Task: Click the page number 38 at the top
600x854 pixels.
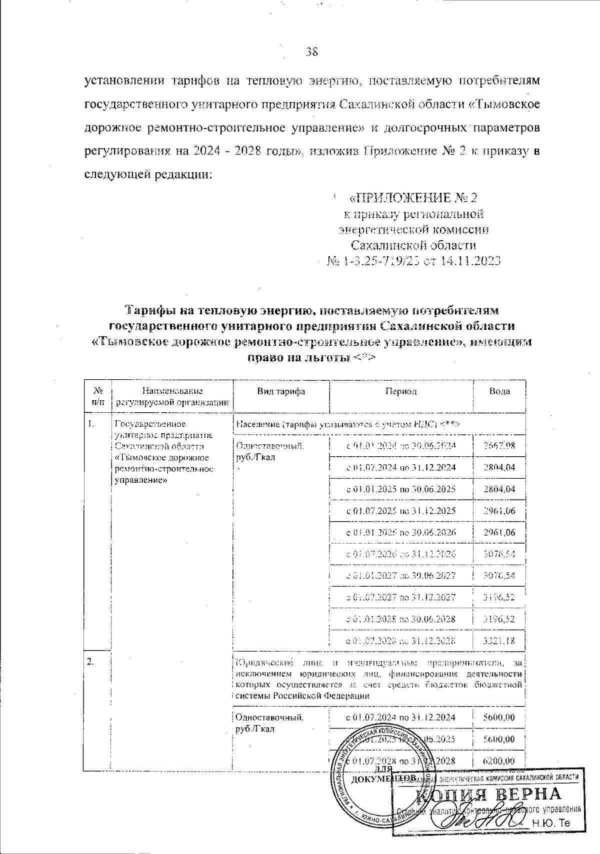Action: click(311, 51)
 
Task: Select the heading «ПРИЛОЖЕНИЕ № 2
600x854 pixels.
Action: click(412, 198)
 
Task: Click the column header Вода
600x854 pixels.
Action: click(499, 391)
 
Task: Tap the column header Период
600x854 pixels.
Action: click(400, 391)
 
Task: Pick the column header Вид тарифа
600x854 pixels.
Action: click(280, 391)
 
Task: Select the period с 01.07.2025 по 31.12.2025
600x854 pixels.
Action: click(401, 511)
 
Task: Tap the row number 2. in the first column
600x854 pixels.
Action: click(90, 662)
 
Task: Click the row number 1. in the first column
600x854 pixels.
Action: click(91, 424)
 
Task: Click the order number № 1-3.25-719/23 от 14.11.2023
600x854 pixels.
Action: click(413, 261)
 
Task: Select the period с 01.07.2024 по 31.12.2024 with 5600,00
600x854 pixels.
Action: click(401, 718)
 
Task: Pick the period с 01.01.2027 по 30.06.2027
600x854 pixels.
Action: click(401, 576)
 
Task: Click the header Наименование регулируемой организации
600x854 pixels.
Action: click(172, 396)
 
